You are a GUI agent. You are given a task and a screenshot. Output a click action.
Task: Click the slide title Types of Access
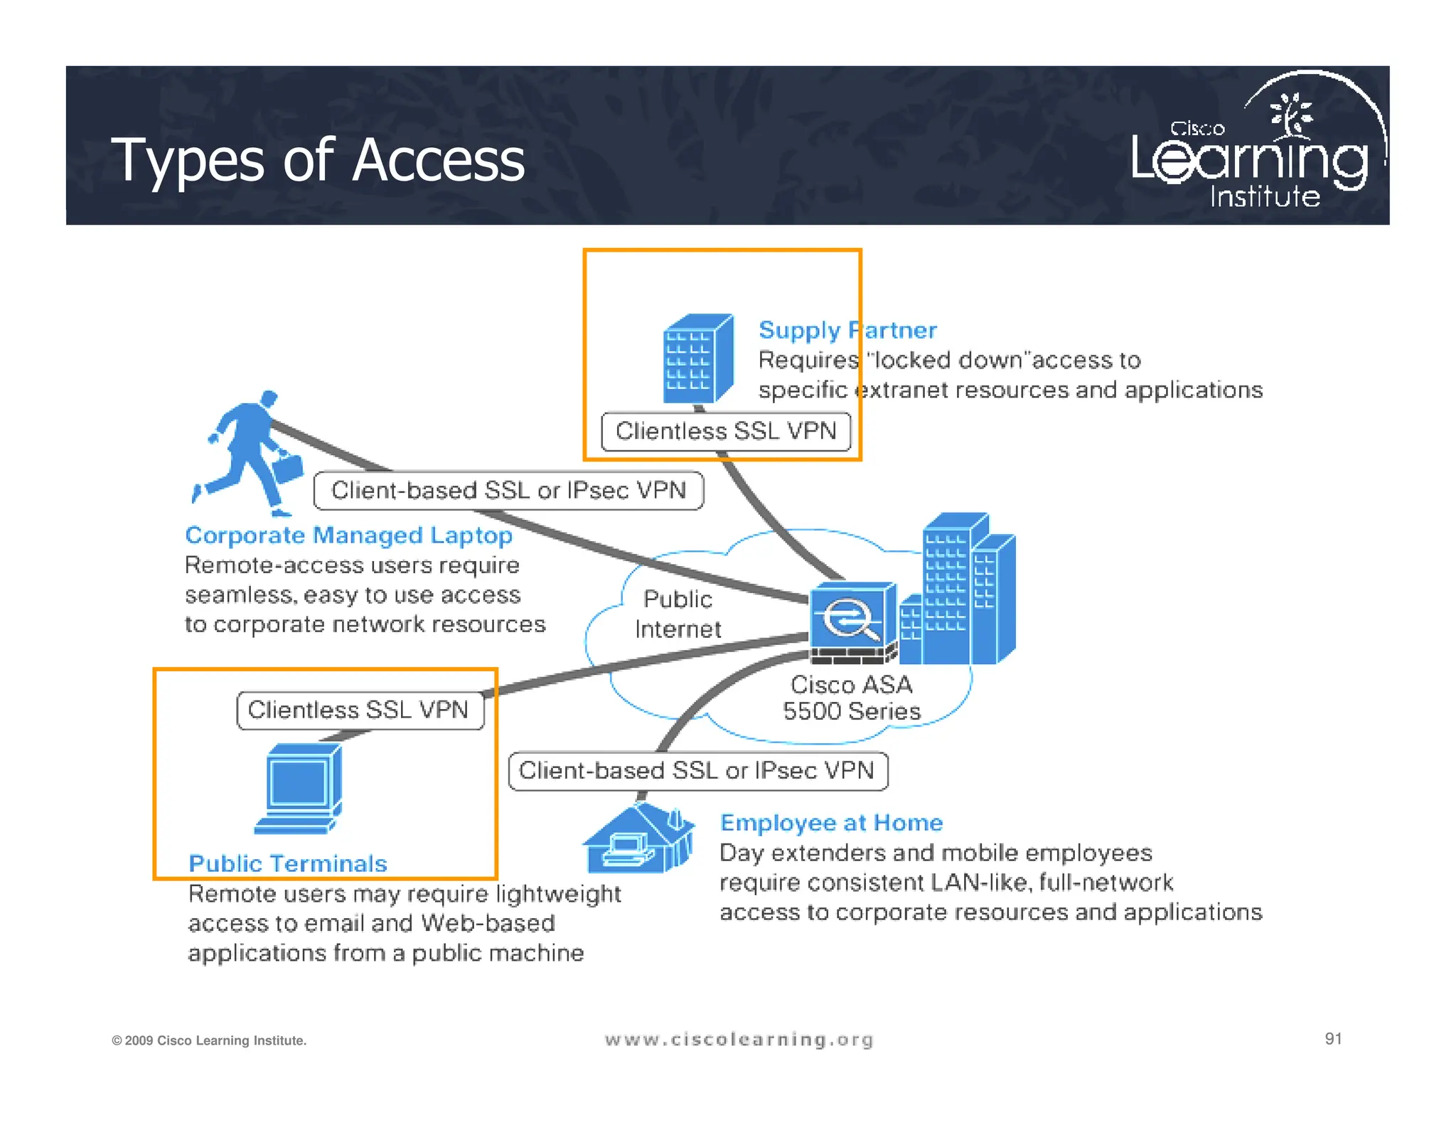pyautogui.click(x=318, y=161)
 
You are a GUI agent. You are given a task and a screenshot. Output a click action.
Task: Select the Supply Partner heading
pyautogui.click(x=847, y=330)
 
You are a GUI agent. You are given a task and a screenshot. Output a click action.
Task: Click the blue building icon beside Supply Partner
pyautogui.click(x=697, y=360)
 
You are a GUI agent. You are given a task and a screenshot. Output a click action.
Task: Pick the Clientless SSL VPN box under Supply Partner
pyautogui.click(x=726, y=431)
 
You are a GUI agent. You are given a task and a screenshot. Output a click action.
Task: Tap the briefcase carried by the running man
pyautogui.click(x=288, y=468)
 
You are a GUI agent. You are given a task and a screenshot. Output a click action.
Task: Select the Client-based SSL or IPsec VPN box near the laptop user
pyautogui.click(x=508, y=491)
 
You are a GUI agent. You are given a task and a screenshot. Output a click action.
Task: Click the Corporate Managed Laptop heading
pyautogui.click(x=348, y=535)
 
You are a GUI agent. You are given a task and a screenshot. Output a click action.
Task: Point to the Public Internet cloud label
pyautogui.click(x=678, y=614)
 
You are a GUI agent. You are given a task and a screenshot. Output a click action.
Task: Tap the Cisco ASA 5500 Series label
pyautogui.click(x=851, y=698)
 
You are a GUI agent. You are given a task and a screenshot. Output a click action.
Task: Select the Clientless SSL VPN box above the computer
pyautogui.click(x=360, y=710)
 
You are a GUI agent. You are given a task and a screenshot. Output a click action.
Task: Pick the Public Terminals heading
pyautogui.click(x=288, y=863)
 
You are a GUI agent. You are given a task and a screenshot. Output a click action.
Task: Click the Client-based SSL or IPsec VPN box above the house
pyautogui.click(x=697, y=771)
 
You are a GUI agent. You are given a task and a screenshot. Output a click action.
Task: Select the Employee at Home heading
pyautogui.click(x=831, y=823)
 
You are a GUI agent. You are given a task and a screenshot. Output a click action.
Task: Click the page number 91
pyautogui.click(x=1333, y=1039)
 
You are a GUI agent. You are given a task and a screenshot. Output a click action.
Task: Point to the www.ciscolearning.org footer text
pyautogui.click(x=739, y=1040)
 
